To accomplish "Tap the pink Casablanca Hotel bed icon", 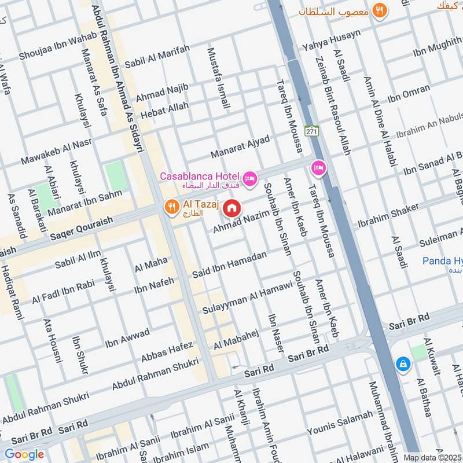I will coord(250,178).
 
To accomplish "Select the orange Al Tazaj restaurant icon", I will coord(171,207).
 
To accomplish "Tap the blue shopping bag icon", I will coord(402,363).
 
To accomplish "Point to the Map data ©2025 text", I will coord(433,457).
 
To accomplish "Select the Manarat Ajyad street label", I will coord(240,147).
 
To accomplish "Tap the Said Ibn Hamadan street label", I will coord(229,263).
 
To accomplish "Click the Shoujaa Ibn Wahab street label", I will coord(50,49).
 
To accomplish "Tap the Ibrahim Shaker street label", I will coord(384,216).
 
